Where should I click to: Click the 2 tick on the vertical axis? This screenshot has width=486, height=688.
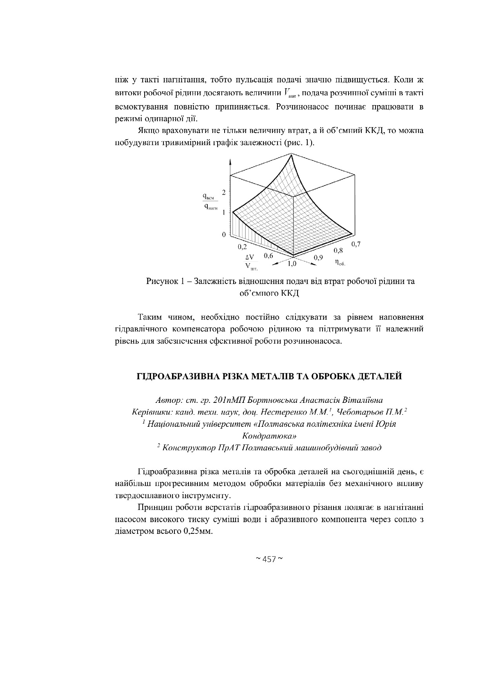(224, 192)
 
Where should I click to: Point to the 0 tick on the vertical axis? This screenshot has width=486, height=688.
(224, 235)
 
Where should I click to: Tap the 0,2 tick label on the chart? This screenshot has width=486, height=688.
(243, 247)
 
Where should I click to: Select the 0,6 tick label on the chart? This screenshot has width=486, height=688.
(268, 256)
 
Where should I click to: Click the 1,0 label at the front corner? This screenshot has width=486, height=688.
(292, 264)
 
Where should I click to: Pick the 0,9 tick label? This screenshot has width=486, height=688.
(318, 258)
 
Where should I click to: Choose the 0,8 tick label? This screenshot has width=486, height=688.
(338, 250)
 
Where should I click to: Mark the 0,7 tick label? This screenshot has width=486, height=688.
(355, 244)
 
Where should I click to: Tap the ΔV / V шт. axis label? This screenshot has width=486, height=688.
(250, 262)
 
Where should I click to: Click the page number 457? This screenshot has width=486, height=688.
(269, 559)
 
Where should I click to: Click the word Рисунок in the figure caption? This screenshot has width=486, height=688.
(161, 282)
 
